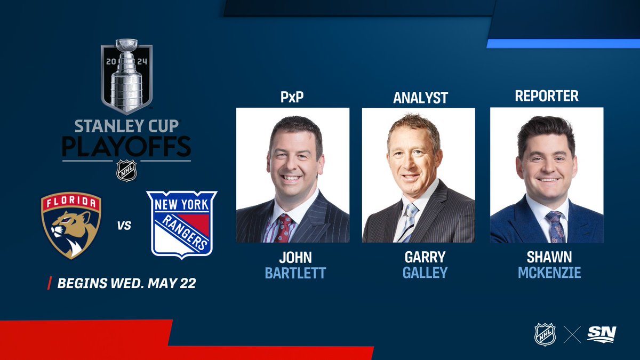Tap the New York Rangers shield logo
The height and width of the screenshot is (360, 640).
(182, 224)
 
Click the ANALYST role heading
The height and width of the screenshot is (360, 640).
(420, 98)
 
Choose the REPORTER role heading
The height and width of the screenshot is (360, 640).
(547, 96)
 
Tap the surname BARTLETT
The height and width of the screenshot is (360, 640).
(295, 274)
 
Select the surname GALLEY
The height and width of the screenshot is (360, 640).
(425, 273)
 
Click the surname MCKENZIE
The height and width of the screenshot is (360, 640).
(549, 273)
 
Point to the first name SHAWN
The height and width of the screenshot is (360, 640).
(549, 257)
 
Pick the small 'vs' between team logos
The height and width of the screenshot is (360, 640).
(124, 226)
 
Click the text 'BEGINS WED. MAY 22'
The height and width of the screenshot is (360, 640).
(126, 283)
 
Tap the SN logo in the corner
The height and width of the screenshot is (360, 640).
(601, 334)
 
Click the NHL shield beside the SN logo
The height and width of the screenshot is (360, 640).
(545, 334)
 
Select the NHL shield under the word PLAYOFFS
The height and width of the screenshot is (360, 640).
(127, 171)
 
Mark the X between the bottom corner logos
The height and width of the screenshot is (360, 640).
(572, 334)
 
